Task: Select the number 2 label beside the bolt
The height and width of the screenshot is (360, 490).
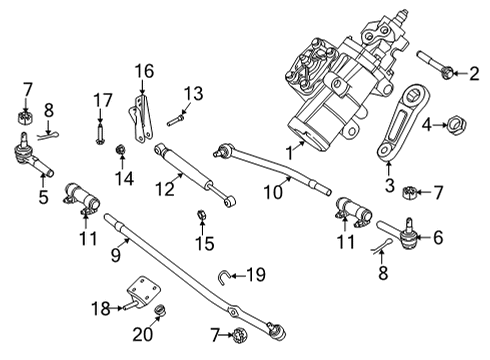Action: point(476,71)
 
